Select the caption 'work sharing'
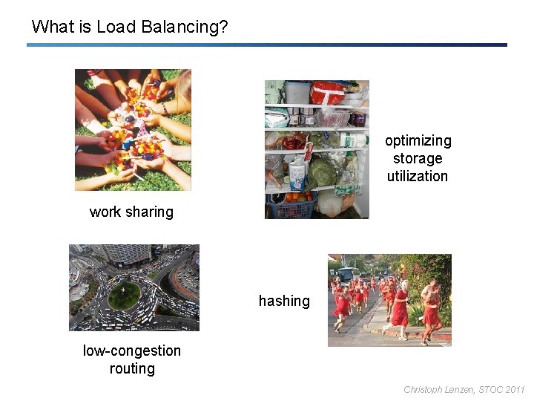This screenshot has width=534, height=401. coord(131,212)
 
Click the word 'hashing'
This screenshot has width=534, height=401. coord(284,301)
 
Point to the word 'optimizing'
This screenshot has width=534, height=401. coord(418,141)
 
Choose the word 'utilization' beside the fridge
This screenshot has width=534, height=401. coord(418,177)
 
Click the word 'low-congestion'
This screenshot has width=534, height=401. coord(132,351)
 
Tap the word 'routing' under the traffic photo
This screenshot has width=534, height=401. coord(132,369)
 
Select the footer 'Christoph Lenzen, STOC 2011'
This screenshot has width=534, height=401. coord(464,389)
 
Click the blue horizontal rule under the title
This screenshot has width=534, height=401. coord(267,45)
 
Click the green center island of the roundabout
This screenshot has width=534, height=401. coord(124,296)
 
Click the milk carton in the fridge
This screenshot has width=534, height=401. coord(298,175)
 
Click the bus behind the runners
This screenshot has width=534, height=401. coord(348,276)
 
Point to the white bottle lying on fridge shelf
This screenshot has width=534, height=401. coord(353,139)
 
